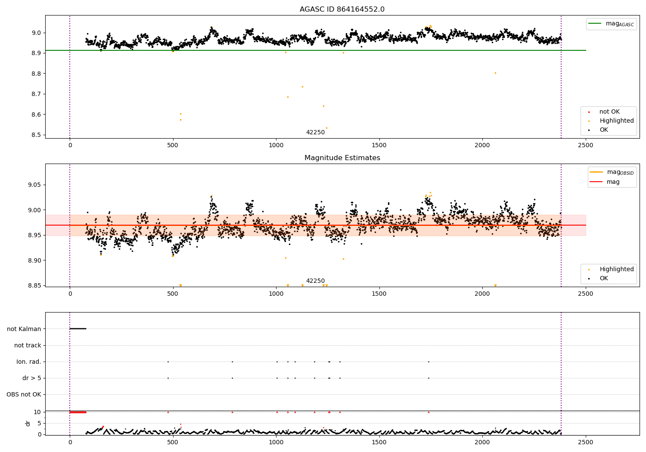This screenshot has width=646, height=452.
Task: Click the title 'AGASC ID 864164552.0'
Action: (x=342, y=9)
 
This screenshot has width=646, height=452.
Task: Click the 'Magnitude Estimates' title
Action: (x=342, y=158)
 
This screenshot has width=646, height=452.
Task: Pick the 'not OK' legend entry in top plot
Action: (x=609, y=112)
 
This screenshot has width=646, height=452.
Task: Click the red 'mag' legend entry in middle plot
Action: (x=613, y=182)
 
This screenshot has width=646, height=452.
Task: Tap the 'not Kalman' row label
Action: (x=24, y=329)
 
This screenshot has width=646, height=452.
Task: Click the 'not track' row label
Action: (x=28, y=345)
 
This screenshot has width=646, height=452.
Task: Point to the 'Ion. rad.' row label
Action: (x=29, y=362)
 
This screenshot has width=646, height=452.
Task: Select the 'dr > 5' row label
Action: (x=32, y=378)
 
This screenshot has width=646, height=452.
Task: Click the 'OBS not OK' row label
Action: (x=24, y=394)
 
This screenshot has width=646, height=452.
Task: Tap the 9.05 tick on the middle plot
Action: (x=34, y=185)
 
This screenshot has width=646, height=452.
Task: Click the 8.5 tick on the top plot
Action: (x=37, y=135)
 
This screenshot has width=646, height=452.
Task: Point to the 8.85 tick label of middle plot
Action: (x=34, y=285)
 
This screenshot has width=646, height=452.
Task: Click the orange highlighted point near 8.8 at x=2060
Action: (x=495, y=73)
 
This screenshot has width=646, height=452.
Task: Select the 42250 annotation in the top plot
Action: (x=315, y=133)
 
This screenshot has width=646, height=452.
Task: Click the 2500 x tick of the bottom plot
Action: (x=585, y=442)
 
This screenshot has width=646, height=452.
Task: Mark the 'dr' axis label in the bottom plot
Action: (x=28, y=423)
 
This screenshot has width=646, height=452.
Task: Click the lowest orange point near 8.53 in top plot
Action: (x=326, y=128)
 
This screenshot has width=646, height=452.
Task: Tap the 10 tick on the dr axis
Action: (x=37, y=412)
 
